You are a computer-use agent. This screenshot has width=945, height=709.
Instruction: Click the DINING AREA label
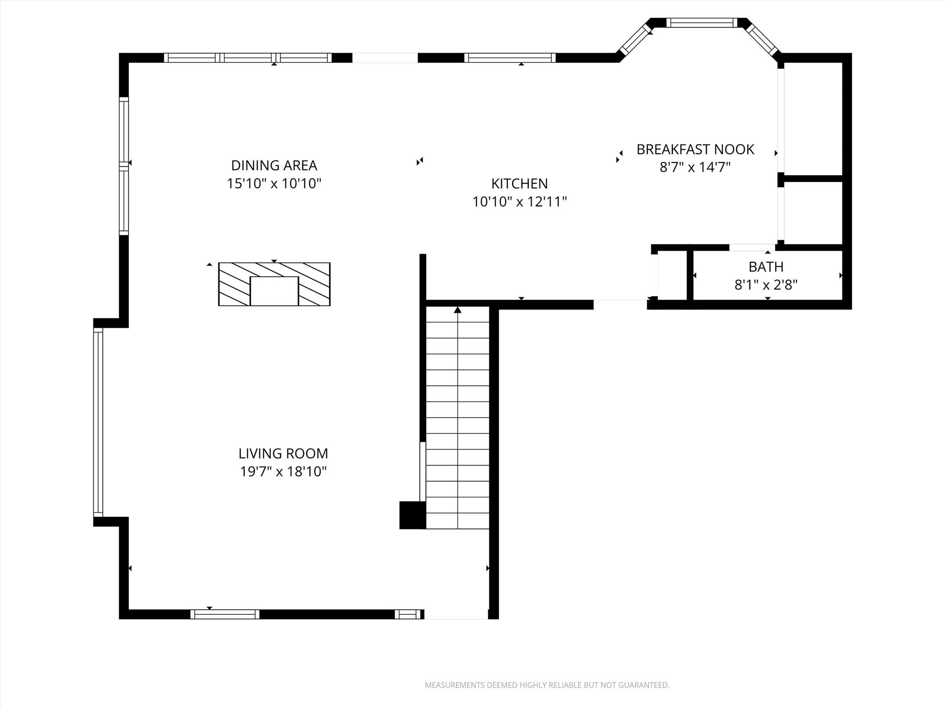pos(274,165)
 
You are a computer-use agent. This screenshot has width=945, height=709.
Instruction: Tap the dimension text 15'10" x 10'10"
pos(274,184)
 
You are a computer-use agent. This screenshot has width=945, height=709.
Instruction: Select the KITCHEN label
pos(519,184)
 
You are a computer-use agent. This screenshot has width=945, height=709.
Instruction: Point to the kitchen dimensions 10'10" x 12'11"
pos(519,202)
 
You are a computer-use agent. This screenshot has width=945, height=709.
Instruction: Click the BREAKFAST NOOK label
pos(695,149)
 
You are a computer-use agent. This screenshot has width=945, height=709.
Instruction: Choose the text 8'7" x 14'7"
pos(695,167)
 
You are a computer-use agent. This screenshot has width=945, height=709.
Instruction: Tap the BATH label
pos(766,267)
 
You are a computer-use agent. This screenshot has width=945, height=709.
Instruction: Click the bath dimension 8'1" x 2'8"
pos(766,285)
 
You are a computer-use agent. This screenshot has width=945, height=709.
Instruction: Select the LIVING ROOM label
pos(283,453)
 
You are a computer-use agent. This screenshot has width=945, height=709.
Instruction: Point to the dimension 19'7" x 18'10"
pos(283,472)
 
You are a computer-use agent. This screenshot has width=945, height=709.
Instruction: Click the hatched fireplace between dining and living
pos(274,284)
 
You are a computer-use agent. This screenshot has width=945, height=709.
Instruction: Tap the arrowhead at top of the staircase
pos(457,310)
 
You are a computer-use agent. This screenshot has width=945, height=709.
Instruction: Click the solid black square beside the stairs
pos(412,515)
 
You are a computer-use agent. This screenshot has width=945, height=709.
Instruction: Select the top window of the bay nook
pos(701,23)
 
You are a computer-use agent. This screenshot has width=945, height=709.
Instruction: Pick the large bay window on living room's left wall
pos(98,422)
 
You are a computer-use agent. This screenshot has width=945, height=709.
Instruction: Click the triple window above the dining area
pos(248,58)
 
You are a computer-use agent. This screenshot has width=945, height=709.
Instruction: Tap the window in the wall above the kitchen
pos(509,58)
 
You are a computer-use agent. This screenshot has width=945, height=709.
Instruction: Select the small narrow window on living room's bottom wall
pos(408,614)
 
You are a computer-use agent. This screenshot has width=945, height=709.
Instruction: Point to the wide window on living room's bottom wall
pos(225,614)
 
